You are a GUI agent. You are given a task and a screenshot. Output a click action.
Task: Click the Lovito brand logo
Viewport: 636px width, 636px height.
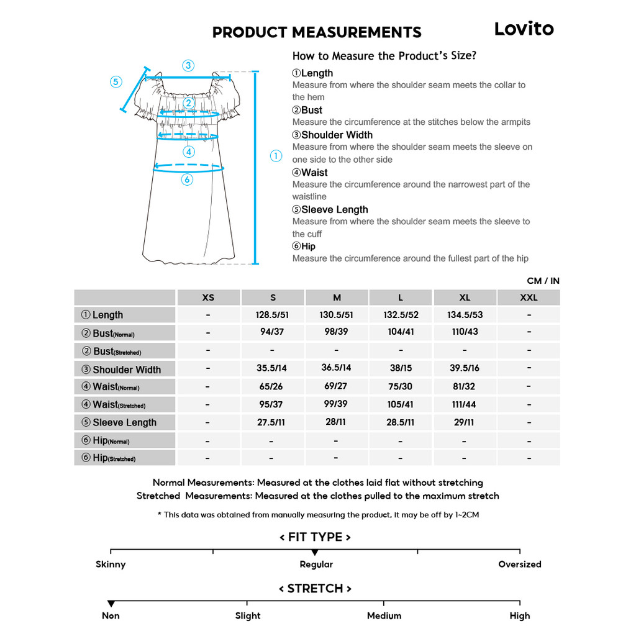(524, 29)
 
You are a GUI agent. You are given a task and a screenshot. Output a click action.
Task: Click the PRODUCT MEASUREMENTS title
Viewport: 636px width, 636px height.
(317, 32)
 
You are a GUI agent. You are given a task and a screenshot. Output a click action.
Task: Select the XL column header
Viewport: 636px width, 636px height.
(465, 298)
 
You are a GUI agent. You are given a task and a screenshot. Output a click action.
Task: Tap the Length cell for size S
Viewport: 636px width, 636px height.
(272, 315)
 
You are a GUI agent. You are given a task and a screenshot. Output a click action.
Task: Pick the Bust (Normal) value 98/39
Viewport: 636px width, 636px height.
(336, 332)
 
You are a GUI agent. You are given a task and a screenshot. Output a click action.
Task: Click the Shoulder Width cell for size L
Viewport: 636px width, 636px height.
(401, 368)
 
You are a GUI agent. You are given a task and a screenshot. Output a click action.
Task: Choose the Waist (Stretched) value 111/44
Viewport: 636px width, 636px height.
(465, 404)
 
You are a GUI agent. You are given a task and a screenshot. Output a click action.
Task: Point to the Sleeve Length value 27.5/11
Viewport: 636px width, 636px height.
(272, 422)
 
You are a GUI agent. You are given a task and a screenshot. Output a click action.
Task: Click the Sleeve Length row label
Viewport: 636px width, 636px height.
(124, 422)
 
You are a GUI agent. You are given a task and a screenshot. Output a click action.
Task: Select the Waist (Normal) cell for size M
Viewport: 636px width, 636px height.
(336, 386)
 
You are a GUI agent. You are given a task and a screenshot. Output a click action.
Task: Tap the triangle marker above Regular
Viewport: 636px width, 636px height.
(315, 552)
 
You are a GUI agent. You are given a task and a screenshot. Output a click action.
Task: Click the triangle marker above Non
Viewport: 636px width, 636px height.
(111, 604)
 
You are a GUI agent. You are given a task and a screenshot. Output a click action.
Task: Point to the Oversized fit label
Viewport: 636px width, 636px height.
(520, 565)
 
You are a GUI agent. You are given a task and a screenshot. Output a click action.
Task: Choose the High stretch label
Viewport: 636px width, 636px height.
(520, 616)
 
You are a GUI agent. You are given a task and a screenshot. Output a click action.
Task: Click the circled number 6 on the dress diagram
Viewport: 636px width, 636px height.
(188, 180)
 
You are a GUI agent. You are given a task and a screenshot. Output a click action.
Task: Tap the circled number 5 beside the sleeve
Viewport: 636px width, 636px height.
(116, 82)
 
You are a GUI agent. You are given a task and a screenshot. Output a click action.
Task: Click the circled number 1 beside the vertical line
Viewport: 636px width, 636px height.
(276, 157)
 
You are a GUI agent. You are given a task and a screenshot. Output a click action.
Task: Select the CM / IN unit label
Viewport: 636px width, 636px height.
(543, 281)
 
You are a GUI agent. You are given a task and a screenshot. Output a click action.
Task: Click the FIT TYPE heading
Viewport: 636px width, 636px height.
(315, 537)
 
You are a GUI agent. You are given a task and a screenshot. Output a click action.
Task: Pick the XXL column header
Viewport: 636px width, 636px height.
(529, 298)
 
